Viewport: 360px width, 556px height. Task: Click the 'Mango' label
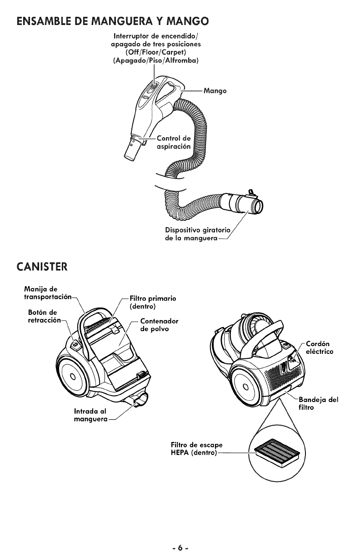click(215, 91)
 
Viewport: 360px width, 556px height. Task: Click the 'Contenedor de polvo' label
click(159, 325)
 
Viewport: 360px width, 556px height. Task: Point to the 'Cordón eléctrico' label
click(319, 347)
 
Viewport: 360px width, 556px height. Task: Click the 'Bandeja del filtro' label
click(318, 404)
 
